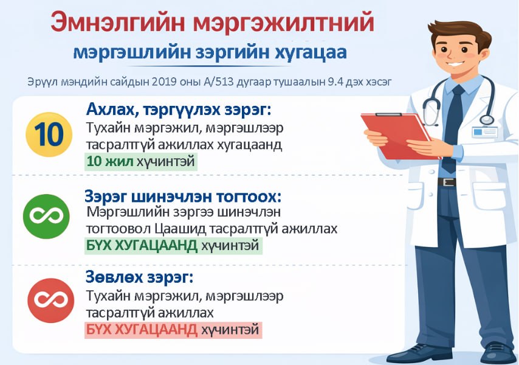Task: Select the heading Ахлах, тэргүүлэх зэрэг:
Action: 178,110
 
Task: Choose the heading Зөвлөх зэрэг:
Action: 139,279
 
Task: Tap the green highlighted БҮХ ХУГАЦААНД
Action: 141,245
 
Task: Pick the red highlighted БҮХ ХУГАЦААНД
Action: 141,330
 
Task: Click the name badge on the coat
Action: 484,131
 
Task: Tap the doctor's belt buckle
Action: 447,182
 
